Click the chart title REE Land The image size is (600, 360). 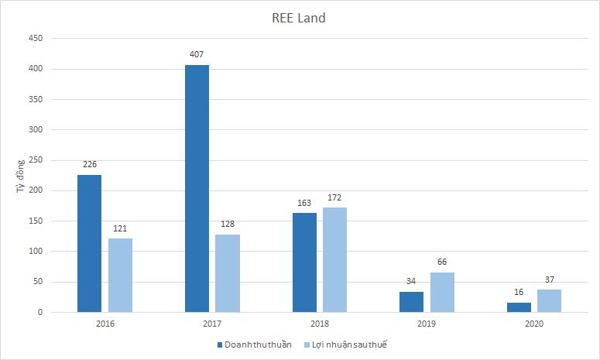(300, 18)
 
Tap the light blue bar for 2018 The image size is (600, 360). (334, 259)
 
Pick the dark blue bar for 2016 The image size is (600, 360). (89, 243)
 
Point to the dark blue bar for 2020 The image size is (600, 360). (519, 307)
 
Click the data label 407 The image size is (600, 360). (197, 54)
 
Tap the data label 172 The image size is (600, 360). (334, 197)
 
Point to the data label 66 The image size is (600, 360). (442, 262)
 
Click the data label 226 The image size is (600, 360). (89, 164)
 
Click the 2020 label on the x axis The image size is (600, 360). (534, 324)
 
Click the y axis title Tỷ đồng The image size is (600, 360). (21, 175)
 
